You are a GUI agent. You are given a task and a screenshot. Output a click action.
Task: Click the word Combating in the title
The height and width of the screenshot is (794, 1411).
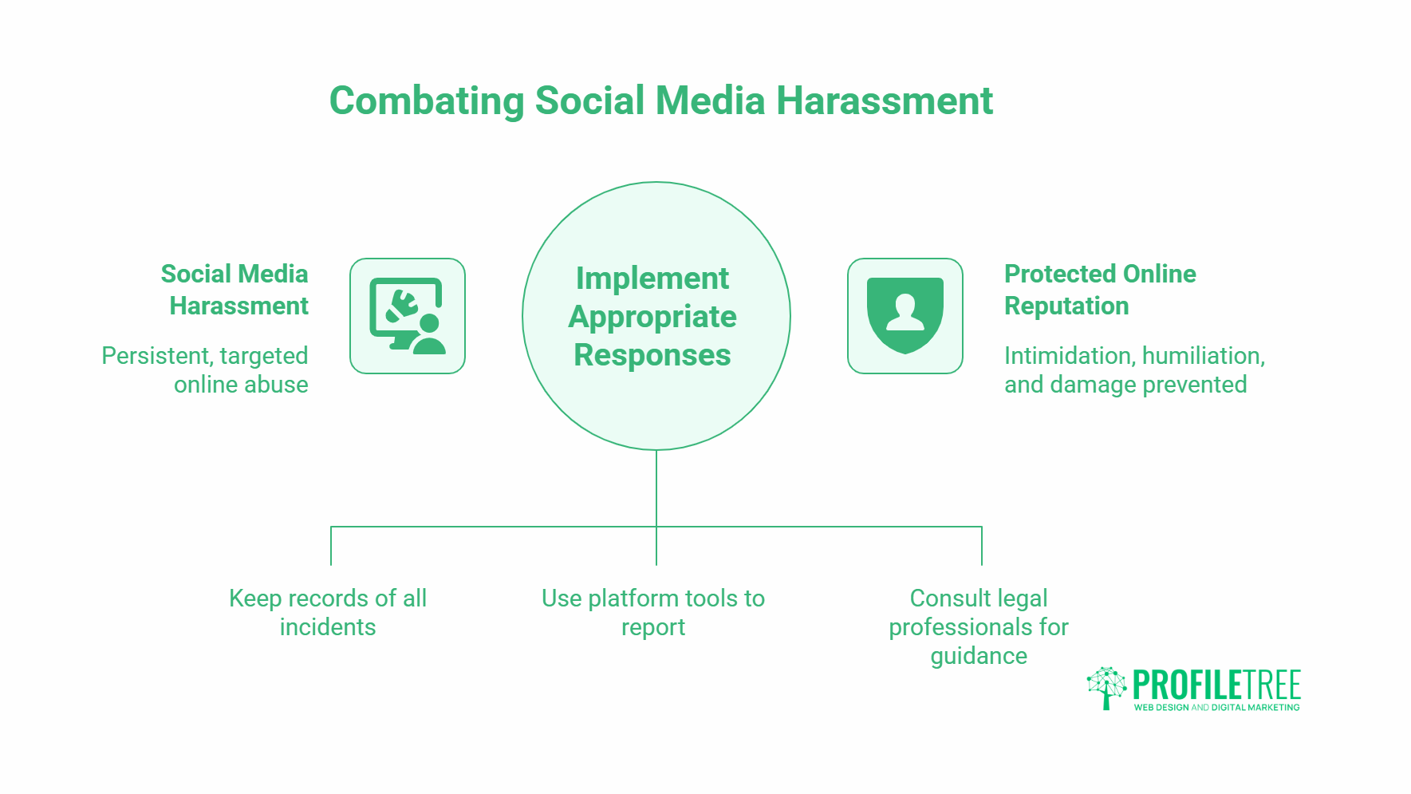[x=427, y=101]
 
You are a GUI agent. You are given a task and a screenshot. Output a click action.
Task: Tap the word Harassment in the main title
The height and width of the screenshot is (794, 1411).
[x=884, y=101]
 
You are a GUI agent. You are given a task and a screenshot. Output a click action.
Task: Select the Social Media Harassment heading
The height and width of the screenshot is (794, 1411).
[x=235, y=290]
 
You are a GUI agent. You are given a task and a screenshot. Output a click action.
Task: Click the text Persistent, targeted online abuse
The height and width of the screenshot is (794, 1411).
[x=205, y=369]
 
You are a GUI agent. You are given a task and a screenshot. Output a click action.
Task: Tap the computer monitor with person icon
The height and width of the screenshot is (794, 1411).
[x=408, y=316]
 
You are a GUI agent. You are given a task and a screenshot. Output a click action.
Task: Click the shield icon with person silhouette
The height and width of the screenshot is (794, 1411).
[x=905, y=316]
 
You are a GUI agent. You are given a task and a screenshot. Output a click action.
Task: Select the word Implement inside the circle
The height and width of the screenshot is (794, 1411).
[x=652, y=278]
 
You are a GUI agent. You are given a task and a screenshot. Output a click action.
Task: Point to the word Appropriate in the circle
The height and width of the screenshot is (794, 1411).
[x=652, y=317]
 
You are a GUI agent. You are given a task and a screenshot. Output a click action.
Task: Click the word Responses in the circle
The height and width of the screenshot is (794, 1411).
[x=652, y=355]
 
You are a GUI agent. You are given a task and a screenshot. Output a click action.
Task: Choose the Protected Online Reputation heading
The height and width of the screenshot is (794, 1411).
[x=1099, y=290]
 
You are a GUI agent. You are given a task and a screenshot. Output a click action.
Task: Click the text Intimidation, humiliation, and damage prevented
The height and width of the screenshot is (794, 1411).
[x=1133, y=369]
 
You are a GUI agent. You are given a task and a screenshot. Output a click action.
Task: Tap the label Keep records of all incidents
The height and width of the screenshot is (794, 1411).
[x=328, y=612]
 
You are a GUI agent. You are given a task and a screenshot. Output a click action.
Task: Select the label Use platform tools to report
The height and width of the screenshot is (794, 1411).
[x=653, y=612]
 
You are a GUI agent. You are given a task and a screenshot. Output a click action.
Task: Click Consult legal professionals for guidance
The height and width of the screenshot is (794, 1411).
[x=979, y=626]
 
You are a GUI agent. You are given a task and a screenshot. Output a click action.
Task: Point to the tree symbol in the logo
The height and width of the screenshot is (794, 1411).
[x=1106, y=687]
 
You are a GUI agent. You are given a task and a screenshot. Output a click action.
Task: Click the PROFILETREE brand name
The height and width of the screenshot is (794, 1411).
[x=1216, y=685]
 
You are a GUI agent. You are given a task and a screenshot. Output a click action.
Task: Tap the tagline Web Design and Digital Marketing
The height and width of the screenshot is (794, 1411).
[x=1216, y=707]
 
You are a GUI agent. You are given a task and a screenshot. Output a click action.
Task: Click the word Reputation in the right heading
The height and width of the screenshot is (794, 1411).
[x=1066, y=306]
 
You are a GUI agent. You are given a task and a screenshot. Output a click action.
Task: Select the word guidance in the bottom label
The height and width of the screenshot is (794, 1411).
[x=979, y=656]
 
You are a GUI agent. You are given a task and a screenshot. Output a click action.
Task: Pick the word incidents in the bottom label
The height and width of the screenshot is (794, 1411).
[x=328, y=627]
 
